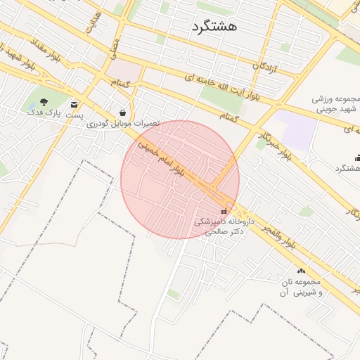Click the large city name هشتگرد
(214, 26)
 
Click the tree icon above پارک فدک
(44, 101)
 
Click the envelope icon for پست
(75, 104)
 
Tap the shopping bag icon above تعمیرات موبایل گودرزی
(124, 112)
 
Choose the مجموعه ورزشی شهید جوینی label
(335, 104)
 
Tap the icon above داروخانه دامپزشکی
(224, 211)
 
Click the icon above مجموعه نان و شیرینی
(301, 271)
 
